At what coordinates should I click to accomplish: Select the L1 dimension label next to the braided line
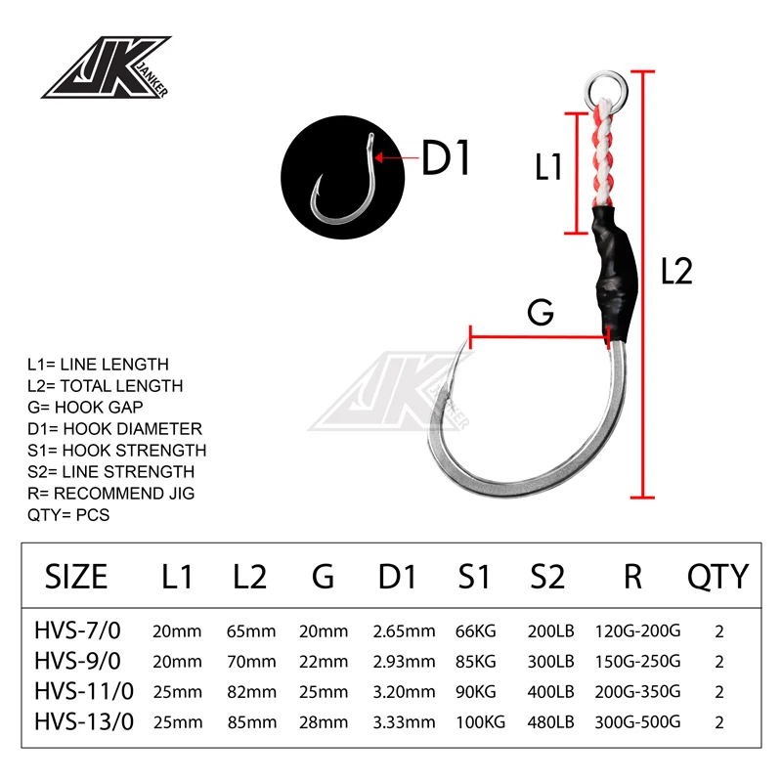[548, 167]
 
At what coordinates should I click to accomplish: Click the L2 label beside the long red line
[676, 271]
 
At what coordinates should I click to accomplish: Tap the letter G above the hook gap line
[541, 313]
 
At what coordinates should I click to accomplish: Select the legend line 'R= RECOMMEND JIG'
[110, 493]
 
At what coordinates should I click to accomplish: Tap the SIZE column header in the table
[76, 576]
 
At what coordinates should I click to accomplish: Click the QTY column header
[718, 576]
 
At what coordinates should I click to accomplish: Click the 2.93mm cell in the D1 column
[405, 662]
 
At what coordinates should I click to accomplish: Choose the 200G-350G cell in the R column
[637, 692]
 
